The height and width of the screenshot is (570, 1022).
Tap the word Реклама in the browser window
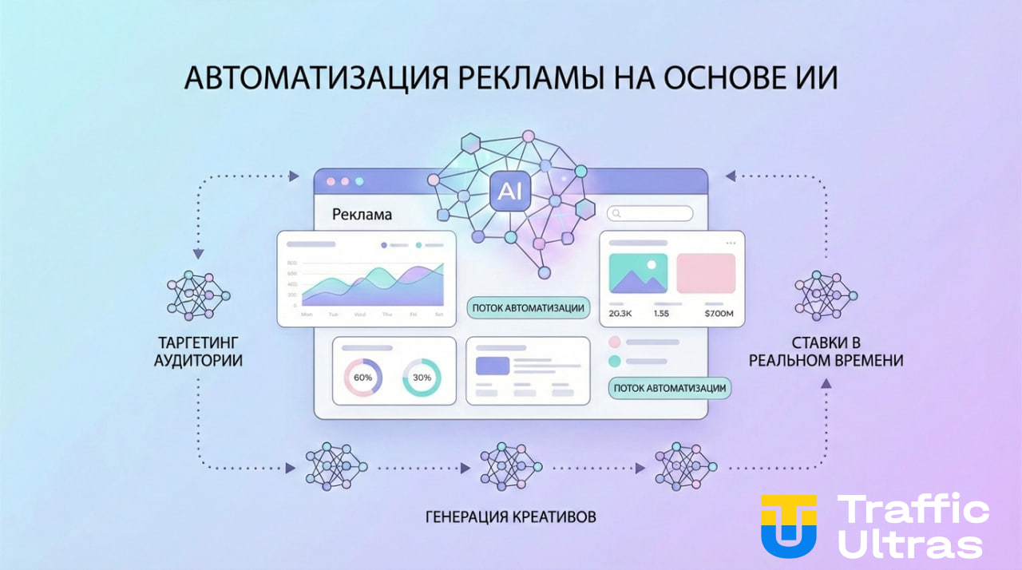(362, 215)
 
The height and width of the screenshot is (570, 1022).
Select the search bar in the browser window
(650, 213)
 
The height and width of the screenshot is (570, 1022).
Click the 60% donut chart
(362, 378)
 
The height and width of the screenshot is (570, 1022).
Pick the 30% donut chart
(422, 378)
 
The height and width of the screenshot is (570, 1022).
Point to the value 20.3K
(620, 314)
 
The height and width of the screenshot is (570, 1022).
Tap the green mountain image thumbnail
(638, 274)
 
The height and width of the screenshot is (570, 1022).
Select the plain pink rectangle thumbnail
(706, 274)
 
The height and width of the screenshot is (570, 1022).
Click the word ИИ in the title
(817, 80)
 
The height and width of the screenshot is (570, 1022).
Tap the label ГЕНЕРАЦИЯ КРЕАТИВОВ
(511, 517)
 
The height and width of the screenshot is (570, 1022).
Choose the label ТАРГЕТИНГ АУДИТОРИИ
(198, 351)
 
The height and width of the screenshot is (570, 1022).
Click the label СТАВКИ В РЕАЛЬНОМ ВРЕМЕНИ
(826, 351)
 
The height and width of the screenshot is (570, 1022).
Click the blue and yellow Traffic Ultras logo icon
(788, 525)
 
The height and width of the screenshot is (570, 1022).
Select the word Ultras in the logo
(912, 544)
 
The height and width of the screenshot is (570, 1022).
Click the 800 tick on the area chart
(291, 263)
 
